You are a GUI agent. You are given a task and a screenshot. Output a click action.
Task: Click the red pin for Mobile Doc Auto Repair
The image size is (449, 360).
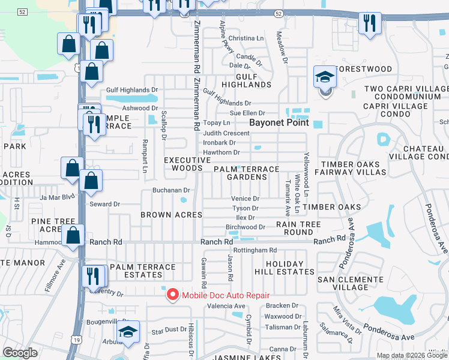(x=173, y=294)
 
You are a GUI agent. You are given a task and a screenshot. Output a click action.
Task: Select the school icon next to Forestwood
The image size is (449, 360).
(x=324, y=78)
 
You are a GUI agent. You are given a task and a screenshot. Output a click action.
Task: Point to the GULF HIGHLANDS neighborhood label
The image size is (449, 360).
(x=246, y=80)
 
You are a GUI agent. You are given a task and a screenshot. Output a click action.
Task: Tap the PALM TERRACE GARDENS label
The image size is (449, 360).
(x=247, y=173)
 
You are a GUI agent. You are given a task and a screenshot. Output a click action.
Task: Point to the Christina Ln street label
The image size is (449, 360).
(x=246, y=38)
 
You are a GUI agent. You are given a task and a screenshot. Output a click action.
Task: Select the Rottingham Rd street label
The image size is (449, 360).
(x=255, y=250)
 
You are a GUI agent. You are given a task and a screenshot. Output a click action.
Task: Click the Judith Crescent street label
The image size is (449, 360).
(x=226, y=133)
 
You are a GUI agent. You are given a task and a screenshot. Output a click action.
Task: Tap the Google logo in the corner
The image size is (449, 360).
(x=20, y=353)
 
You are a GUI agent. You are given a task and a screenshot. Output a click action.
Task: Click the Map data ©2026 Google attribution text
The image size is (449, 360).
(x=412, y=355)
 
